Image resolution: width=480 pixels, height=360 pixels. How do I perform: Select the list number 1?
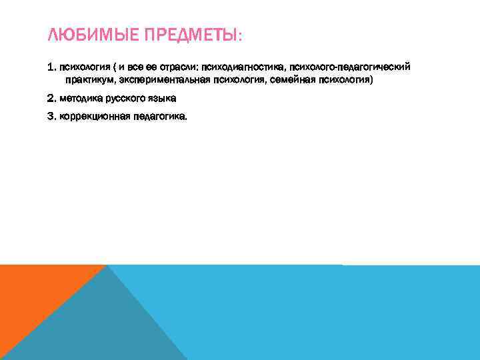point(51,67)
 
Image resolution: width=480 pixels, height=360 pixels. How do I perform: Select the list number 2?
point(51,99)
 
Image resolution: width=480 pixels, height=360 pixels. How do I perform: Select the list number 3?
point(51,116)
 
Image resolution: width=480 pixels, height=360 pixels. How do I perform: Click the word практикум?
point(89,80)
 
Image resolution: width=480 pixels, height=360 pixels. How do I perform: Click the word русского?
point(124,99)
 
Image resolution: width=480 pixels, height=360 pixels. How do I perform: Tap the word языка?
point(163,99)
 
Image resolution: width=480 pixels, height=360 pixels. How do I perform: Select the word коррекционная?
point(90,116)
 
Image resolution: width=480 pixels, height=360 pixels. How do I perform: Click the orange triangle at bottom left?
point(33,300)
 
